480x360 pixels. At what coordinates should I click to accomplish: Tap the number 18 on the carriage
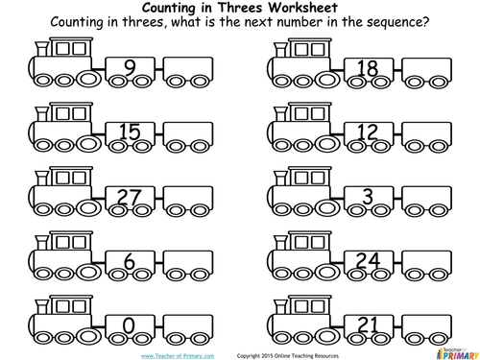(367, 68)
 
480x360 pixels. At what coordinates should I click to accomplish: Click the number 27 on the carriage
(129, 197)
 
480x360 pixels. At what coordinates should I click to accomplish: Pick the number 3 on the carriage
(367, 197)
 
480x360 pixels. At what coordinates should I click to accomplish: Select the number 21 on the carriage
(367, 325)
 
